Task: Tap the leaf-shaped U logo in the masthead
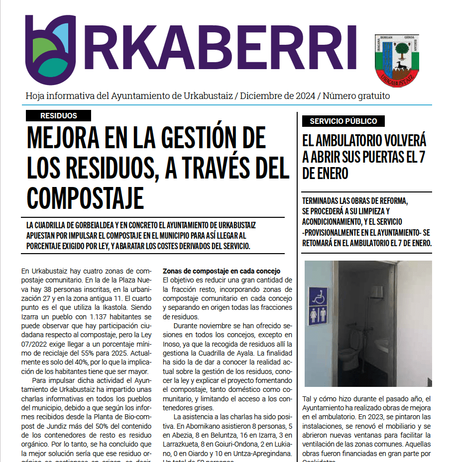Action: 51,50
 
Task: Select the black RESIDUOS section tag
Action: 59,115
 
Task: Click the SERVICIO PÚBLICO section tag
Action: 343,121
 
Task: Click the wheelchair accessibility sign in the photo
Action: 318,295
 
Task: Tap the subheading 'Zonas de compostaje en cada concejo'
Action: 222,271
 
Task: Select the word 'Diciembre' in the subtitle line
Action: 260,96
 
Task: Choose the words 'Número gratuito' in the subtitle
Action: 356,96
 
